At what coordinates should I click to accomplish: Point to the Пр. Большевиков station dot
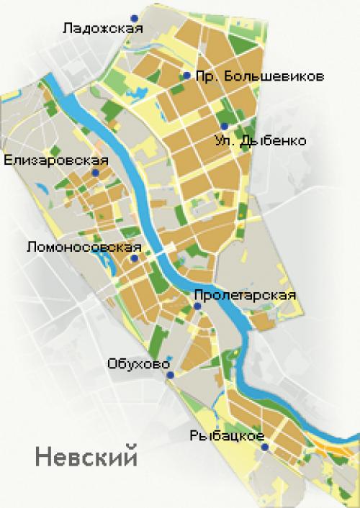[x=186, y=76]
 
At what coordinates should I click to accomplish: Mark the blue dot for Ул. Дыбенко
[x=224, y=126]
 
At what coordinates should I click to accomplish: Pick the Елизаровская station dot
[x=95, y=173]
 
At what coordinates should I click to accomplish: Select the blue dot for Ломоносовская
[x=134, y=258]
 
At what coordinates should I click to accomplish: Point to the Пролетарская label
[x=235, y=294]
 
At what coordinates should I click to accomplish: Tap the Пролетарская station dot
[x=197, y=307]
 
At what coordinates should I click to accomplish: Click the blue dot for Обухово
[x=170, y=376]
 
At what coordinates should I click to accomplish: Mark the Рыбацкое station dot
[x=265, y=448]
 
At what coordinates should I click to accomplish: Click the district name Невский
[x=85, y=456]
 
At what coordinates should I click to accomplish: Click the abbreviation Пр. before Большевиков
[x=206, y=76]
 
